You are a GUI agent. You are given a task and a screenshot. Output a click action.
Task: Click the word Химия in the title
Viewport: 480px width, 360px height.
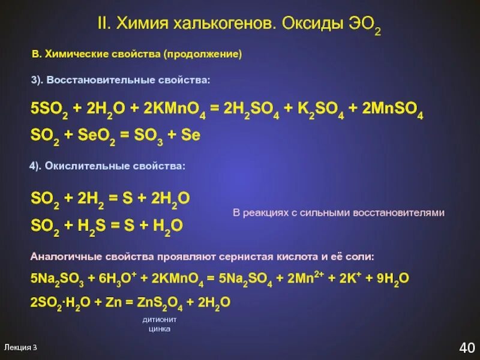pyautogui.click(x=143, y=25)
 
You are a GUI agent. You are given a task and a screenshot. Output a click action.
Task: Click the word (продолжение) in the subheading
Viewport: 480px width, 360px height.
pyautogui.click(x=202, y=55)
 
